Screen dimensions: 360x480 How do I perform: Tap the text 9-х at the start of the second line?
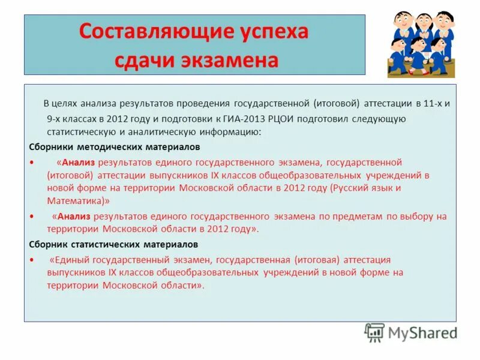56,118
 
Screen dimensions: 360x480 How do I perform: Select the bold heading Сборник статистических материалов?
113,245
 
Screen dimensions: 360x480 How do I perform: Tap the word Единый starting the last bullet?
68,260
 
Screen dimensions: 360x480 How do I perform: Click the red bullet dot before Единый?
31,260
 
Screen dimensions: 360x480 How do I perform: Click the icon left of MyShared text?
374,332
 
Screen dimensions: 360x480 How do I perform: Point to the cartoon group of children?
421,43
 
